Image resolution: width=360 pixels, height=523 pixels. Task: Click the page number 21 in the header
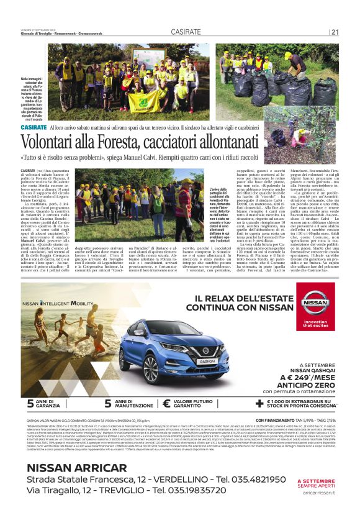335,32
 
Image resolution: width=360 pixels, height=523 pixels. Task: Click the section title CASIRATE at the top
186,32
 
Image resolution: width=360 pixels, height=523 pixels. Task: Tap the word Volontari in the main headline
50,140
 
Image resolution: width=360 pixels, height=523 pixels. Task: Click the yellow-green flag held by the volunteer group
143,100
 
